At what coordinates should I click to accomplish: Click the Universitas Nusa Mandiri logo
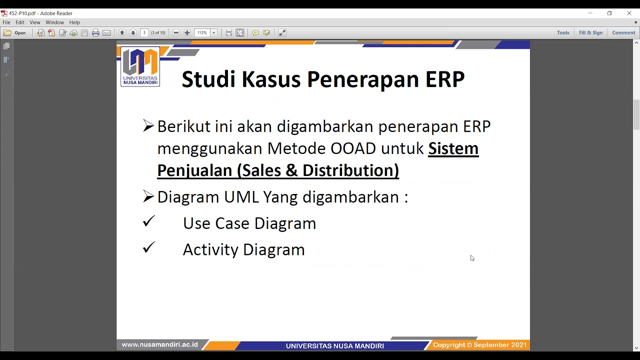[x=140, y=66]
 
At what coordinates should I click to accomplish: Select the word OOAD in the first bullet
[x=353, y=148]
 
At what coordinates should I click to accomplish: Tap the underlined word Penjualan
[x=195, y=170]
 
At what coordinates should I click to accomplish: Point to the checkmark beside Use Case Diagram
[x=148, y=221]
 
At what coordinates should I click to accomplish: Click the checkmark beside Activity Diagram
[x=148, y=247]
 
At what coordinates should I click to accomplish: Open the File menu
[x=6, y=22]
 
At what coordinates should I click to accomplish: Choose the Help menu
[x=74, y=22]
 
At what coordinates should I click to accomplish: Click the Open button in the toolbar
[x=15, y=33]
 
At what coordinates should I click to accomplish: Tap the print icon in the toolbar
[x=95, y=33]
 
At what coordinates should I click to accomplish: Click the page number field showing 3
[x=144, y=33]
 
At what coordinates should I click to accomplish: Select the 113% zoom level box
[x=202, y=33]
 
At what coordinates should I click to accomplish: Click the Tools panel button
[x=563, y=33]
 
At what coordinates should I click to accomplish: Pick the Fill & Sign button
[x=590, y=33]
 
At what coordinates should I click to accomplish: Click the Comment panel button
[x=623, y=33]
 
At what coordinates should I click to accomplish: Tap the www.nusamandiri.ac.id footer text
[x=159, y=345]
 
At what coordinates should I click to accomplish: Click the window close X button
[x=629, y=13]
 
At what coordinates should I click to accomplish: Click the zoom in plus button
[x=187, y=33]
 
